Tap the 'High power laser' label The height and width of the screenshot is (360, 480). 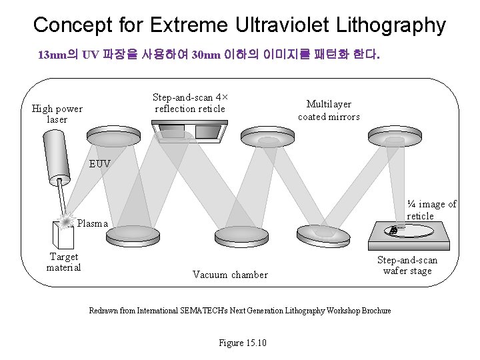pos(57,114)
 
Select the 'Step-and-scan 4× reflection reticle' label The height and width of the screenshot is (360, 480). pos(190,103)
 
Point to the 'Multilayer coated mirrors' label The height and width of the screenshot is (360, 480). pos(329,110)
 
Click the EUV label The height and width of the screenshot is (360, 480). pos(100,163)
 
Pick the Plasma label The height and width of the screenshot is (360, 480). pos(92,223)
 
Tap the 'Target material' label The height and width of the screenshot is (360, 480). pos(64,262)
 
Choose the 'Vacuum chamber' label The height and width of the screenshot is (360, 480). pos(230,275)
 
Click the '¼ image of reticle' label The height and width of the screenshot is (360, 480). pos(431,210)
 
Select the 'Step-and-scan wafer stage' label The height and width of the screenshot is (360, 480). pos(407,265)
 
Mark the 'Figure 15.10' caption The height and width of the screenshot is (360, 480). pos(243,343)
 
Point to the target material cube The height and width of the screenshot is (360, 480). pos(64,234)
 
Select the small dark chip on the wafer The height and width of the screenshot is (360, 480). pos(393,230)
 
